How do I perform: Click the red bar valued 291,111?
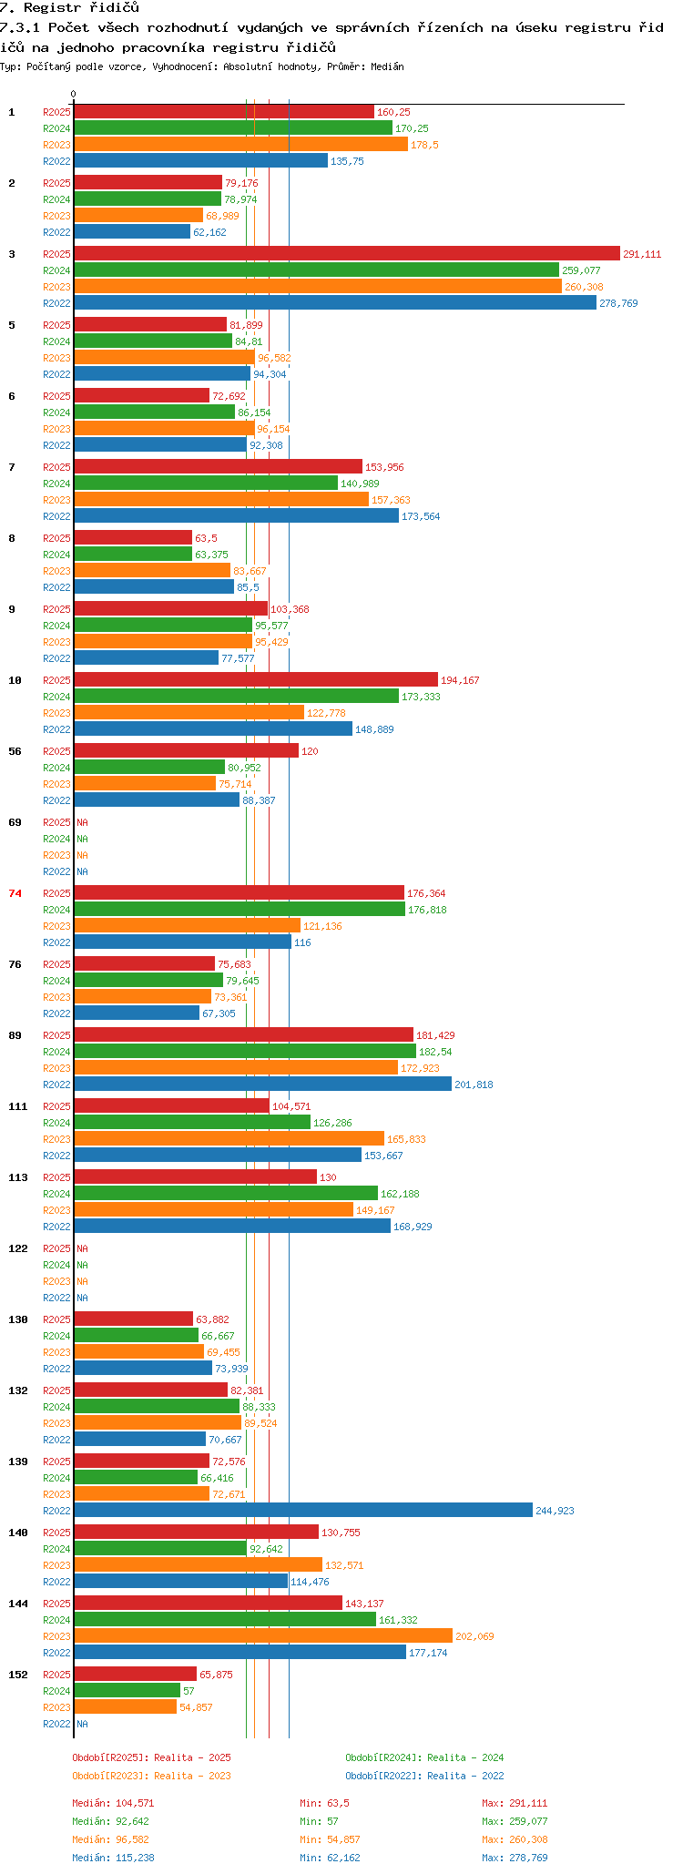tap(347, 253)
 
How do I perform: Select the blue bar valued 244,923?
tap(303, 1510)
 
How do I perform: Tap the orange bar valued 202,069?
tap(263, 1635)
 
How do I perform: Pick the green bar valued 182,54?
tap(245, 1051)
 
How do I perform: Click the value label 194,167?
tap(460, 680)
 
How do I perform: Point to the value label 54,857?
tap(196, 1707)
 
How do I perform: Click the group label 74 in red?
tap(15, 893)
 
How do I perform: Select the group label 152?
tap(18, 1675)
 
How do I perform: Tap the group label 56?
tap(15, 751)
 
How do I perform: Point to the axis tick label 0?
tap(74, 94)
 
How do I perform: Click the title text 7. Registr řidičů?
tap(69, 7)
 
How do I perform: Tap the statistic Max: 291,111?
tap(515, 1803)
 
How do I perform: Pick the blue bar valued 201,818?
tap(262, 1084)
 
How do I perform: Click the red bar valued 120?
tap(186, 750)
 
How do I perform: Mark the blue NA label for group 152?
tap(82, 1724)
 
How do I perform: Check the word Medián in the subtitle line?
tap(387, 66)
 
